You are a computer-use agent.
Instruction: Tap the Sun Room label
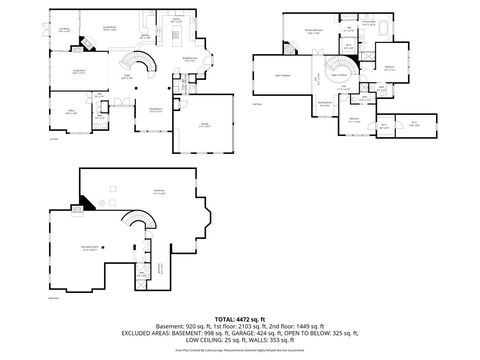(x=63, y=29)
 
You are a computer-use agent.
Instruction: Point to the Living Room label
(x=74, y=71)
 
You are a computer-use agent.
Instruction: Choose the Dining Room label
(x=156, y=110)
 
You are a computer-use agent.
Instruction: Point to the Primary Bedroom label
(x=313, y=30)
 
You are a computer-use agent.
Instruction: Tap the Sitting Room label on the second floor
(x=325, y=103)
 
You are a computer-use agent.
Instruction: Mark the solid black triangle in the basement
(x=89, y=203)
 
